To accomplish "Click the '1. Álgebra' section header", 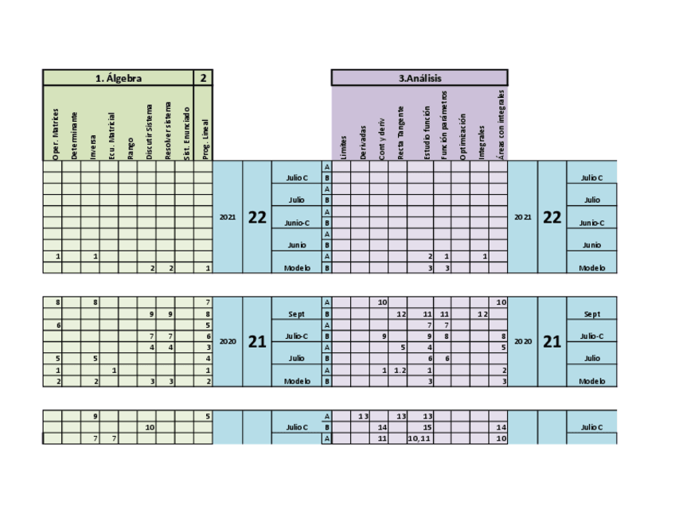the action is [118, 78].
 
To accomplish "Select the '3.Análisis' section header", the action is [419, 78].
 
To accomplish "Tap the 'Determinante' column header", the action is [73, 136].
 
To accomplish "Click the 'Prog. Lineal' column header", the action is [205, 139].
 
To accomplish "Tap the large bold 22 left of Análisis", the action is [256, 217].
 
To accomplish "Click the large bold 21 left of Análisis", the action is [256, 341].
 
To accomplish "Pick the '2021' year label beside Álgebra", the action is [228, 217].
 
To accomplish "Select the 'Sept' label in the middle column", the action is [296, 314].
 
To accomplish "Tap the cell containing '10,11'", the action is [419, 438].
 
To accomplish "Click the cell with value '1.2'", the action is [400, 371].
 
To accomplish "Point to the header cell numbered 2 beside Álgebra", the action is [204, 78].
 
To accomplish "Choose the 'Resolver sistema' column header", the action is [167, 131].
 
